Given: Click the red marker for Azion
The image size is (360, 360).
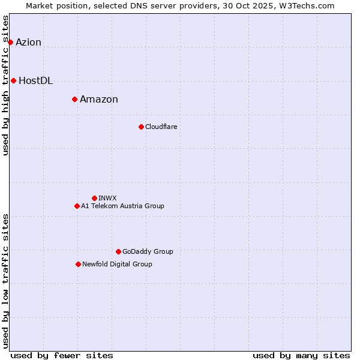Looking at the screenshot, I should pyautogui.click(x=10, y=42).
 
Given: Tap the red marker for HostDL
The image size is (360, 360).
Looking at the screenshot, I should pyautogui.click(x=13, y=80).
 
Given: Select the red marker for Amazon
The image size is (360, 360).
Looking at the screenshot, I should pyautogui.click(x=74, y=99).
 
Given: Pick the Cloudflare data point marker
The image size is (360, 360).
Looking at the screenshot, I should pyautogui.click(x=141, y=127).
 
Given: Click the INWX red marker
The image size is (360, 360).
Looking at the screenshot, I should pyautogui.click(x=94, y=198).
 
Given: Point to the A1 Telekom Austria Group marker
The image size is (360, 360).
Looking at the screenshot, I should pyautogui.click(x=77, y=206).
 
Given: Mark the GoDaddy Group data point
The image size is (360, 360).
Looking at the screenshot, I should pyautogui.click(x=118, y=251).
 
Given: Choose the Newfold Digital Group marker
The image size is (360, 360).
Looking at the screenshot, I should pyautogui.click(x=78, y=264).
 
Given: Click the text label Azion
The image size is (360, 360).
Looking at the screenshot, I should pyautogui.click(x=29, y=42).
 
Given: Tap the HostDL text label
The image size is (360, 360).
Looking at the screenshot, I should pyautogui.click(x=36, y=81).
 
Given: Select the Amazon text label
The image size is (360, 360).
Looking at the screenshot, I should pyautogui.click(x=99, y=100).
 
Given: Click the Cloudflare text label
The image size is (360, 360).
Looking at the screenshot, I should pyautogui.click(x=161, y=127).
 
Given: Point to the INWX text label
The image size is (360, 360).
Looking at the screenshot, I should pyautogui.click(x=107, y=198).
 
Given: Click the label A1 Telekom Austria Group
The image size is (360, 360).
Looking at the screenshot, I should pyautogui.click(x=122, y=206).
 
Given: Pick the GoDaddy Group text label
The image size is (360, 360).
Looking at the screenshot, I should pyautogui.click(x=148, y=251).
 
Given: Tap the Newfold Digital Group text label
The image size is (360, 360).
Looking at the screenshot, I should pyautogui.click(x=117, y=264).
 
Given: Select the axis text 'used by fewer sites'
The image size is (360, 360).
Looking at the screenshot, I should pyautogui.click(x=62, y=355).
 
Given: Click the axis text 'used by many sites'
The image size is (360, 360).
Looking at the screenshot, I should pyautogui.click(x=301, y=355).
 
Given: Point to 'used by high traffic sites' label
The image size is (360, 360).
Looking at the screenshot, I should pyautogui.click(x=6, y=85).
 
